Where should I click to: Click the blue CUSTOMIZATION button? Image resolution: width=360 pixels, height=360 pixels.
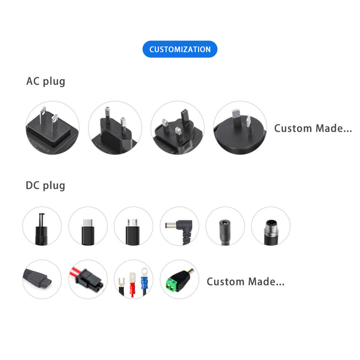click(x=180, y=49)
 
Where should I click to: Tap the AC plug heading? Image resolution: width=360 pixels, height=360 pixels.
click(x=45, y=81)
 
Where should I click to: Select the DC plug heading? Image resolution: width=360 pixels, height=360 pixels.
click(x=45, y=185)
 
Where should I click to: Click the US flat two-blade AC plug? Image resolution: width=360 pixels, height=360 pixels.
click(x=52, y=127)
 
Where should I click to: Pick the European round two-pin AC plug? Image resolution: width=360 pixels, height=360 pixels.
click(x=115, y=127)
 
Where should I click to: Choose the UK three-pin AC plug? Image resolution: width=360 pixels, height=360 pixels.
click(x=177, y=127)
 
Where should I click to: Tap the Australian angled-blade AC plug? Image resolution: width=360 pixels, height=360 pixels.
click(x=240, y=127)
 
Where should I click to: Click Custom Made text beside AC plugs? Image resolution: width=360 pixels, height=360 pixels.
click(x=313, y=128)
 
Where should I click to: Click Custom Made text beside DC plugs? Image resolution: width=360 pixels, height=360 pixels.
click(x=245, y=281)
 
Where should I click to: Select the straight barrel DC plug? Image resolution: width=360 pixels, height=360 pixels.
click(x=42, y=226)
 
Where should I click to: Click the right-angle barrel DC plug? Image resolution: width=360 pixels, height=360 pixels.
click(x=180, y=226)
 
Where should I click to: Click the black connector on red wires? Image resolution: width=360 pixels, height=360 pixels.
click(x=88, y=280)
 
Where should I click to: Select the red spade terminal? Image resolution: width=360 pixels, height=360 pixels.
click(x=132, y=283)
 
